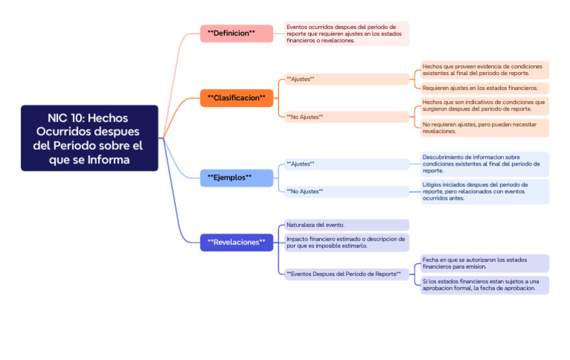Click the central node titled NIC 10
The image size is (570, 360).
click(89, 138)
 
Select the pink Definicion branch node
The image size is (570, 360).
click(231, 33)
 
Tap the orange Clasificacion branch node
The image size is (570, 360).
click(236, 98)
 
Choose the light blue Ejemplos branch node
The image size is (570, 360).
click(231, 177)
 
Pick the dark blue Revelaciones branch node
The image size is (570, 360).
click(236, 242)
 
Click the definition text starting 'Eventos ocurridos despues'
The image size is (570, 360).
click(346, 33)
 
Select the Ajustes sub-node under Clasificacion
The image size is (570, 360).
click(347, 79)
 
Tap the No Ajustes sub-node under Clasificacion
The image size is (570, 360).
click(347, 117)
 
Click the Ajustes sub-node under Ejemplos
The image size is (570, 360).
click(347, 164)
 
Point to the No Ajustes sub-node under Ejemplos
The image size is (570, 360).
click(347, 192)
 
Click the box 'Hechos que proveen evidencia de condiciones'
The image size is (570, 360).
click(485, 70)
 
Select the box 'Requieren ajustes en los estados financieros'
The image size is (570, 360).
click(485, 88)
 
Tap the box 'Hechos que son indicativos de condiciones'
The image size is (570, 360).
click(485, 105)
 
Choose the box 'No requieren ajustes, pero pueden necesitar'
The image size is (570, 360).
click(485, 128)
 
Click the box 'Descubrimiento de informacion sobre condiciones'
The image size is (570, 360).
click(485, 164)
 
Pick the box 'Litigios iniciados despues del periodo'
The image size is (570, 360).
click(485, 192)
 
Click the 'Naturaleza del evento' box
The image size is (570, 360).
click(346, 224)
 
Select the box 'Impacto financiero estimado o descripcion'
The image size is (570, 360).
click(346, 243)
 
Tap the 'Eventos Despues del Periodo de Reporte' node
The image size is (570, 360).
click(346, 274)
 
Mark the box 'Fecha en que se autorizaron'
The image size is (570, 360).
click(485, 264)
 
